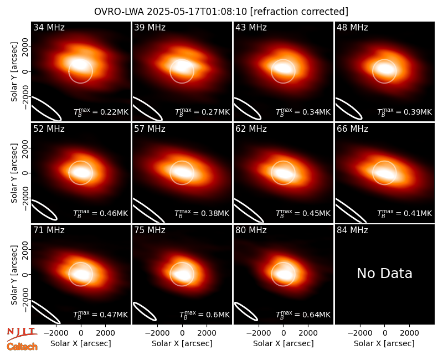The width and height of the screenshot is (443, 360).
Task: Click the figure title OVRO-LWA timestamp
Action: [220, 12]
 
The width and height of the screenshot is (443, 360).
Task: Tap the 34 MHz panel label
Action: [49, 27]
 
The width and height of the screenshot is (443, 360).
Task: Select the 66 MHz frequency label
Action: [352, 129]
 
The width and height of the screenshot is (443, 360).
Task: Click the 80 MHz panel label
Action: [251, 230]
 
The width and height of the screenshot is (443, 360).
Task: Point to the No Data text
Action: [384, 273]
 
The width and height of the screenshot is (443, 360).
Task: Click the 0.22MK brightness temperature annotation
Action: [101, 112]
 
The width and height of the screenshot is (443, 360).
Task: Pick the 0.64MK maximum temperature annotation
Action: [303, 314]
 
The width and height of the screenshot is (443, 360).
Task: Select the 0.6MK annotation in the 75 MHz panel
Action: [204, 314]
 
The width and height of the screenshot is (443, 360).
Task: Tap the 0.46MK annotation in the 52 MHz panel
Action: [101, 213]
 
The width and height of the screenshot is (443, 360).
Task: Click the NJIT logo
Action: [22, 333]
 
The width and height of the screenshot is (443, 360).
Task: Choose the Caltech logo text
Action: [22, 347]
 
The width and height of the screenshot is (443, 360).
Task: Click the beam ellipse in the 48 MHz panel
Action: [349, 109]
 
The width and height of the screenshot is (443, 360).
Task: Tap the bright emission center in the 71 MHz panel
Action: [81, 274]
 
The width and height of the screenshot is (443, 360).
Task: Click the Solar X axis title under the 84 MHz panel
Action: [384, 343]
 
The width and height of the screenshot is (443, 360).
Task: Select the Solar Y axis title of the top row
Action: [14, 71]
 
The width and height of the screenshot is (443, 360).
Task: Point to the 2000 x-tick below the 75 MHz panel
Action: [207, 333]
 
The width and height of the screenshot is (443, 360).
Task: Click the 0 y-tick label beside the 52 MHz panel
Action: [25, 173]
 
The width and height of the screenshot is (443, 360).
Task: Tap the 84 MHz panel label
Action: [352, 230]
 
